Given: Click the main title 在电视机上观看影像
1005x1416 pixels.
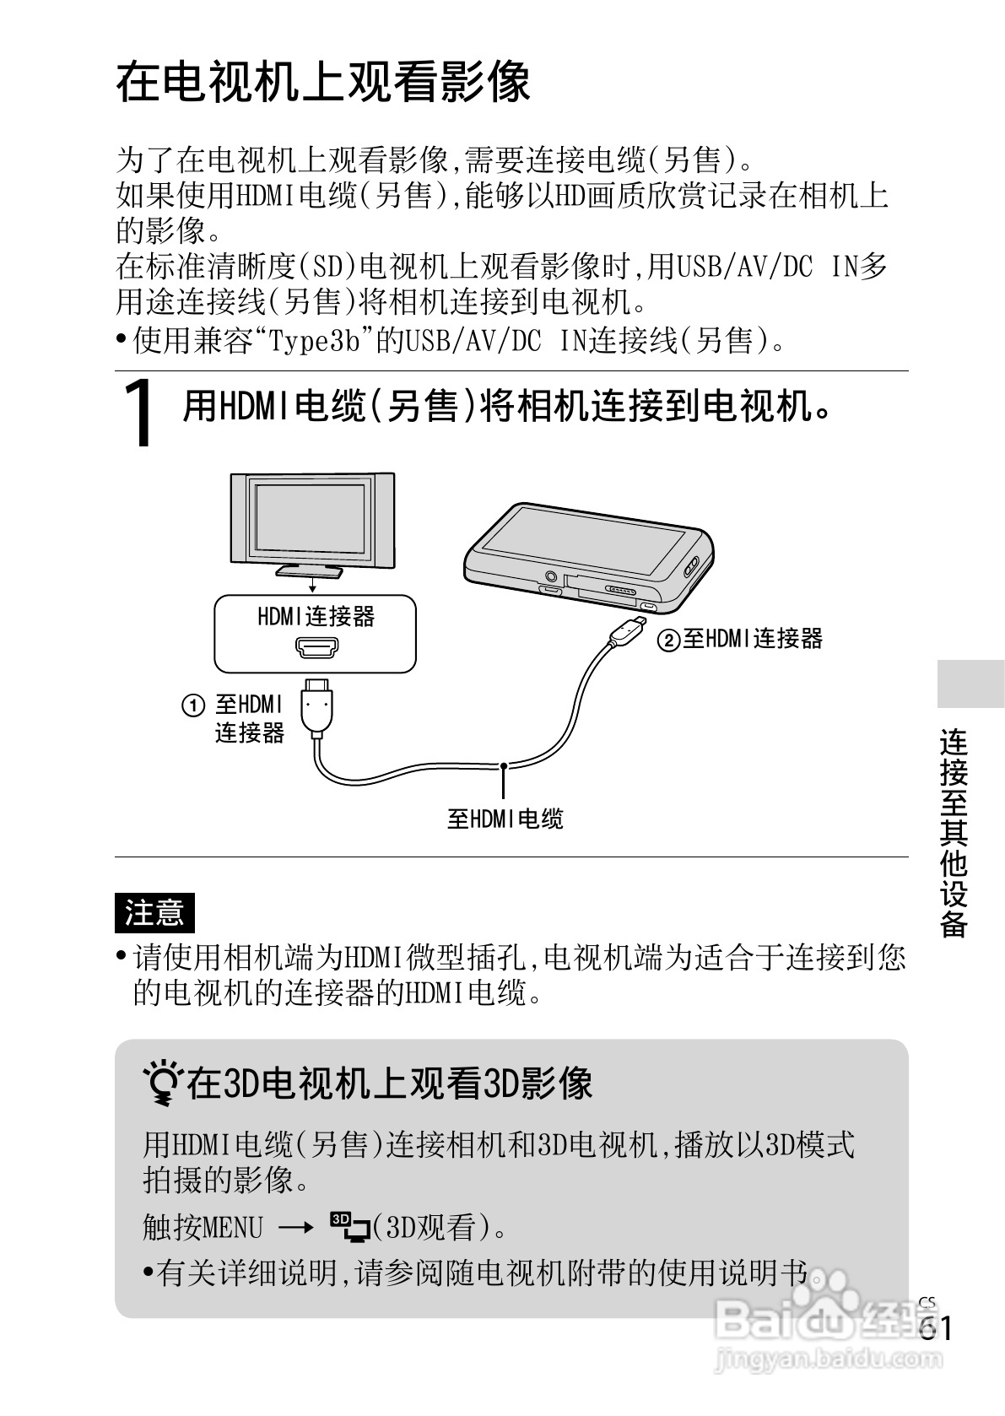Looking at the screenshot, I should (x=323, y=83).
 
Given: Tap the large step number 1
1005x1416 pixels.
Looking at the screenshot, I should (x=141, y=413).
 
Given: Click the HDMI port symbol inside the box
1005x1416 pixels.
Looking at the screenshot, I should (x=316, y=648).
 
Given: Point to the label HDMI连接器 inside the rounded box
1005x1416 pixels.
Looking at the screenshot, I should (x=316, y=617).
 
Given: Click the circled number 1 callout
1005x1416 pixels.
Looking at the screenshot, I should (x=193, y=705).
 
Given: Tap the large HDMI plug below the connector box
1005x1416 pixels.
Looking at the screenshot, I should (x=318, y=705).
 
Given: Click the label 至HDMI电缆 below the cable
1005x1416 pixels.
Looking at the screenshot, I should (x=505, y=819).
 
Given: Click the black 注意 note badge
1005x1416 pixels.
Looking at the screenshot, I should (x=154, y=912).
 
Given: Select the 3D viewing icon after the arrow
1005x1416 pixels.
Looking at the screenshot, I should (x=350, y=1227).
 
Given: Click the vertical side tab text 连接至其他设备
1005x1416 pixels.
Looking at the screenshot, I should (x=954, y=831).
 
